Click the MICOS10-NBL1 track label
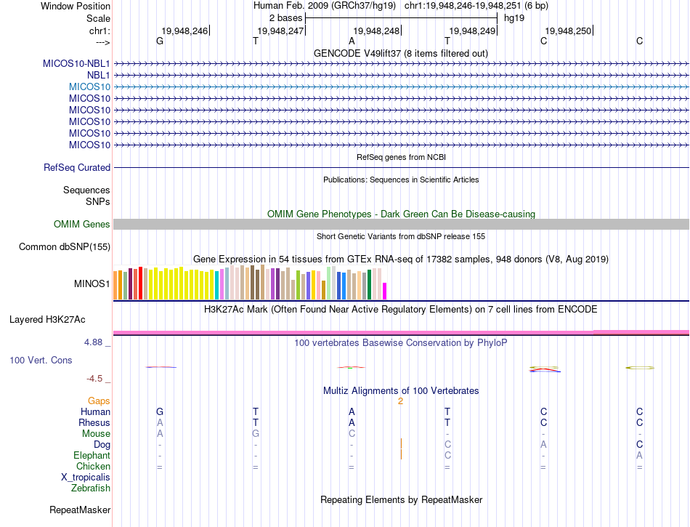tap(76, 63)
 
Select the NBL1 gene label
tap(98, 75)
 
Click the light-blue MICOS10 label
tap(89, 87)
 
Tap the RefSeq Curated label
tap(77, 168)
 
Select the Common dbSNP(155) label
tap(64, 247)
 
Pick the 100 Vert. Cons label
tap(41, 360)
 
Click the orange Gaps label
tap(99, 401)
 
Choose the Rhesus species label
tap(94, 422)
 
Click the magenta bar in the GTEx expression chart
tap(384, 291)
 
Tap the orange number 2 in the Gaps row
tap(400, 401)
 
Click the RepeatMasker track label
tap(80, 510)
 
